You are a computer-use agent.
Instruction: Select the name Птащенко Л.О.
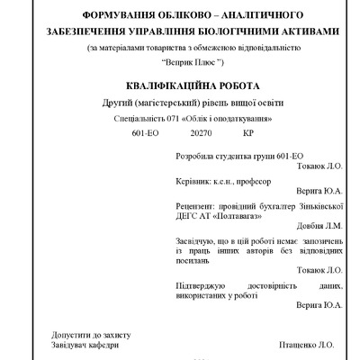click(x=306, y=344)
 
